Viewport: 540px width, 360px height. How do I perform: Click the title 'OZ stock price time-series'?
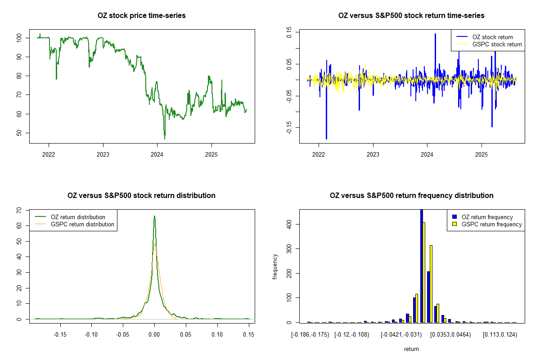tap(141, 16)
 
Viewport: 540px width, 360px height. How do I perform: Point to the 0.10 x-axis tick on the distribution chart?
tap(217, 334)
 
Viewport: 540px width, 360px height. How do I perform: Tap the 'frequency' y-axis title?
tap(275, 267)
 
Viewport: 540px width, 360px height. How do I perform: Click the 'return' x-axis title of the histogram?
tap(411, 349)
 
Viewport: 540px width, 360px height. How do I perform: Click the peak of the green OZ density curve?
tap(154, 216)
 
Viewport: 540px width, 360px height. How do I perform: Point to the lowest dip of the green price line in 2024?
tap(165, 139)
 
